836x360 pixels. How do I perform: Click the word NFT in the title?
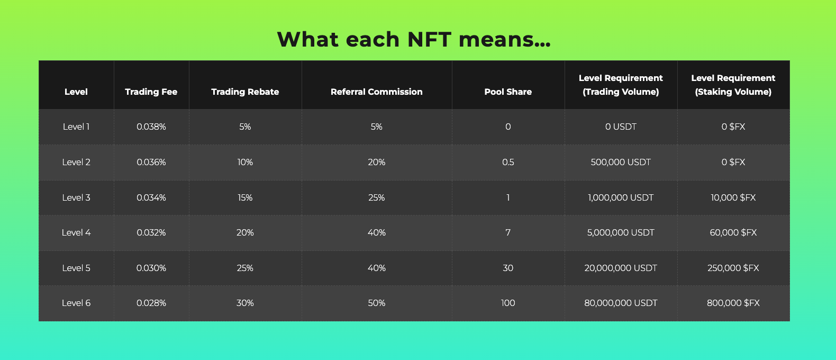click(x=429, y=39)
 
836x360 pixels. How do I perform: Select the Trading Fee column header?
click(x=151, y=92)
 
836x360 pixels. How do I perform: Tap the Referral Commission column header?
click(x=377, y=92)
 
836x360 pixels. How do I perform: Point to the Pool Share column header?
click(x=508, y=92)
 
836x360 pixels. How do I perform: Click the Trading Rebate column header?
click(x=245, y=92)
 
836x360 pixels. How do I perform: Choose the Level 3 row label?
click(x=76, y=197)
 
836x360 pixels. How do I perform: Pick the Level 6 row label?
click(x=76, y=303)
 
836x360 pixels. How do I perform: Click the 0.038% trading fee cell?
click(x=151, y=127)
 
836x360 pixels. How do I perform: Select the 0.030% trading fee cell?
click(x=151, y=268)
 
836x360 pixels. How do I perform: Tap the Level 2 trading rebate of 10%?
click(x=245, y=162)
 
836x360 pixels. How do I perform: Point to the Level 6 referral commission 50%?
click(x=377, y=303)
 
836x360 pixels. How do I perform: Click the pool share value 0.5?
click(x=508, y=162)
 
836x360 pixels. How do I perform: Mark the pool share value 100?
click(x=508, y=303)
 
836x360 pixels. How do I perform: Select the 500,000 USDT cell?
click(x=621, y=162)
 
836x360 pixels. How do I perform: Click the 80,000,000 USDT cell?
click(x=621, y=303)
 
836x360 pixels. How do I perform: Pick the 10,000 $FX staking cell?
click(x=733, y=197)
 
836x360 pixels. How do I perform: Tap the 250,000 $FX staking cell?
click(x=733, y=268)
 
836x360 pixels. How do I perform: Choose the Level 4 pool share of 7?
click(x=508, y=232)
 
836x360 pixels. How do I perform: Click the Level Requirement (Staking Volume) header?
click(x=733, y=85)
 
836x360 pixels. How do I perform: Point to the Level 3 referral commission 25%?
click(x=377, y=197)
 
